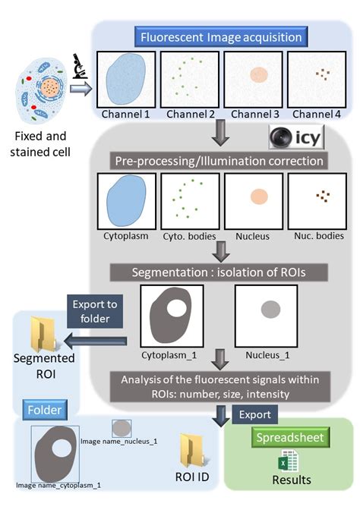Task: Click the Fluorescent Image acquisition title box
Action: point(221,36)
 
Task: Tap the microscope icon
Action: point(80,66)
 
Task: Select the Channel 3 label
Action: point(255,114)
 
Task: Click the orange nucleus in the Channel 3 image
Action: point(259,75)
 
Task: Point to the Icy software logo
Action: point(296,137)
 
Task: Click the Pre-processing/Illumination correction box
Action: point(219,161)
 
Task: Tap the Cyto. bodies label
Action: point(189,236)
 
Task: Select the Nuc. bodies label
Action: point(319,236)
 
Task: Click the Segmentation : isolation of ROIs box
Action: point(219,272)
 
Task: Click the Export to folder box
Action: point(95,311)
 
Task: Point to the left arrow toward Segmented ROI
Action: point(96,341)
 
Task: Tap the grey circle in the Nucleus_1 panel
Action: point(271,310)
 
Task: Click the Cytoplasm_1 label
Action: point(169,355)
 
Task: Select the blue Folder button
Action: point(45,410)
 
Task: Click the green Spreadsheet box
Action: point(290,438)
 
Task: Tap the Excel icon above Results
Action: point(288,461)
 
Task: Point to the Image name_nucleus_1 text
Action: point(119,441)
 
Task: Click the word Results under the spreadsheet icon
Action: point(292,480)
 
